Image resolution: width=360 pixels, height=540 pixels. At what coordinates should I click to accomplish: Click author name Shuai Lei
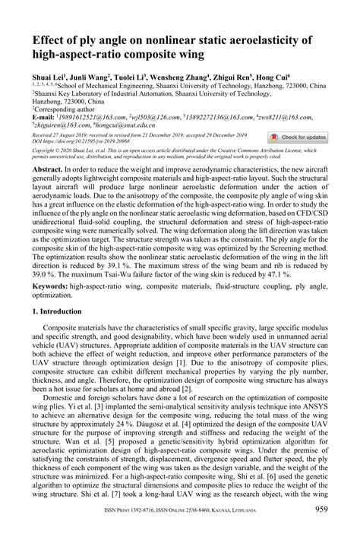(x=49, y=76)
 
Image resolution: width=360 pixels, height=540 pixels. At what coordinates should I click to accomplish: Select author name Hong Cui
(x=274, y=76)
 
